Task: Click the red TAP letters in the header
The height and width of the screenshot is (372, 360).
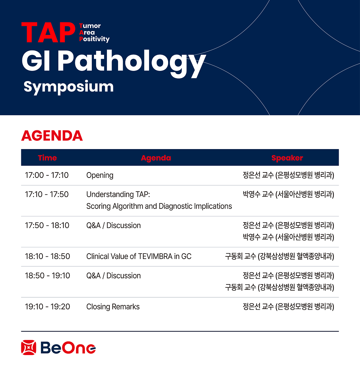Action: [48, 32]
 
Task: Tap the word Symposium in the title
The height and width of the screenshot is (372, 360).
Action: [68, 87]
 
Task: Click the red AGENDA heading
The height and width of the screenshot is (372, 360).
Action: [52, 136]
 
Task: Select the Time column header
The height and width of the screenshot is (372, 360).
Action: [48, 158]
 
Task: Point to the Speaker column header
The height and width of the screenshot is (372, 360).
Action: [287, 158]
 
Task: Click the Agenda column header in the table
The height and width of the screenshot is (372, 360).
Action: [156, 158]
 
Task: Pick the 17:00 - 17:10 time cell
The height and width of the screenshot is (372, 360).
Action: [47, 175]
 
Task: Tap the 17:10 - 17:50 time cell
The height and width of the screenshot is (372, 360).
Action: [47, 194]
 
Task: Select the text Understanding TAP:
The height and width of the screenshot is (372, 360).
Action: [118, 194]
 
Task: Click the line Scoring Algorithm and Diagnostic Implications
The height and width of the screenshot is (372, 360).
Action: [159, 206]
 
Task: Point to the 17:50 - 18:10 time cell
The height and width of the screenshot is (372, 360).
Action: [47, 225]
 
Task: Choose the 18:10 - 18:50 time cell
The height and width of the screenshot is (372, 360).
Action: [48, 256]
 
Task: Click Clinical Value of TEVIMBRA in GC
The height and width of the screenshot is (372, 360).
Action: [139, 256]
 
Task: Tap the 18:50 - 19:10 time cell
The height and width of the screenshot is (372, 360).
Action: [48, 275]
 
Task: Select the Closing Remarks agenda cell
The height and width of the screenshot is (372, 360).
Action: [113, 307]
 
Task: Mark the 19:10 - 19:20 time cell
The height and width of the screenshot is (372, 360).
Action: [48, 306]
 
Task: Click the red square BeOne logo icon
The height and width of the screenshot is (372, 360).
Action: [29, 348]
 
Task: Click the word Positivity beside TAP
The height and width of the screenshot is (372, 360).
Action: [94, 39]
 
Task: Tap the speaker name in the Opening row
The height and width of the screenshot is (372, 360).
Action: [288, 175]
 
